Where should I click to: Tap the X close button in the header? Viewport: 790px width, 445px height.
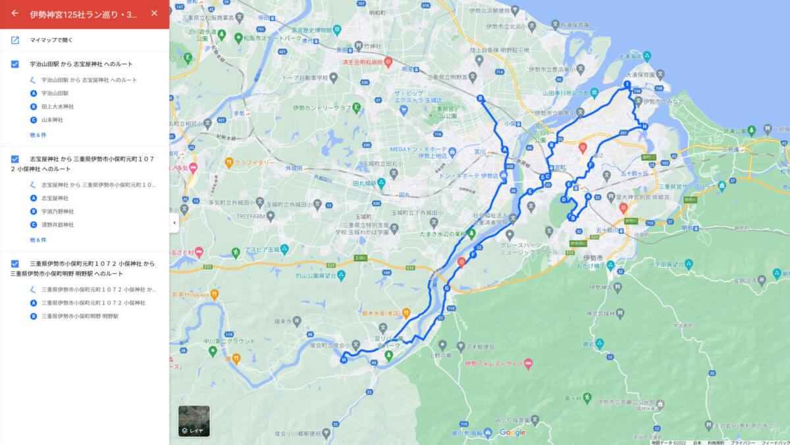[x=154, y=13]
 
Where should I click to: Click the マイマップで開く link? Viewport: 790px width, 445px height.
[x=51, y=40]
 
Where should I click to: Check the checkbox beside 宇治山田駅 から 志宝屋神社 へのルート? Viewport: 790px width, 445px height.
[x=14, y=64]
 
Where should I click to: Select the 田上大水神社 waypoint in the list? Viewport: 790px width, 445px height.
[x=57, y=107]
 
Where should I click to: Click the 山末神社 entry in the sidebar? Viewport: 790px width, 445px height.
[x=52, y=120]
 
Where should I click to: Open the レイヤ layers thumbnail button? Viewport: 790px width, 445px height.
[x=194, y=421]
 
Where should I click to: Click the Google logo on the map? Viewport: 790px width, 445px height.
[x=512, y=432]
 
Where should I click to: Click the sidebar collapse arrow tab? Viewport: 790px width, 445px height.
[x=174, y=222]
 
